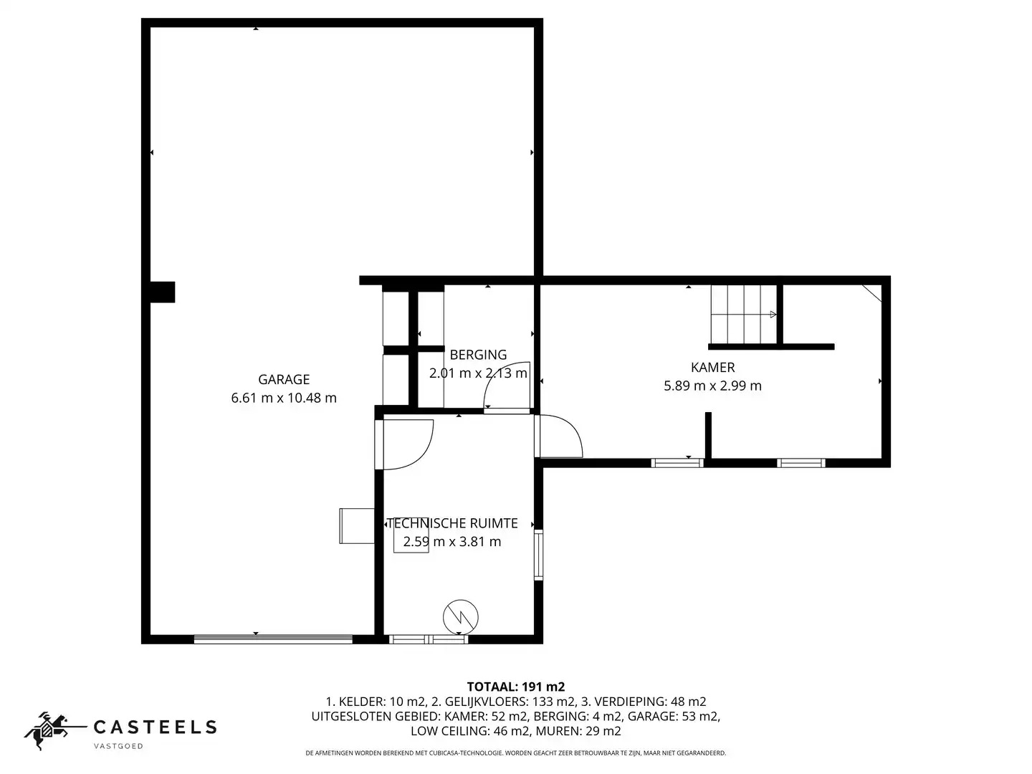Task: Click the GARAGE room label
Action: (284, 380)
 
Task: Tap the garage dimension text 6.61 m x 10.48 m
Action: (284, 398)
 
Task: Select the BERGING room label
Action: (478, 355)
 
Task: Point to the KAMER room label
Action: (712, 368)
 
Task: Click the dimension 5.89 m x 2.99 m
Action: (712, 386)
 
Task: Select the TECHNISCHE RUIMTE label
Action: (452, 524)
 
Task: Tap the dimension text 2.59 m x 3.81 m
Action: (452, 542)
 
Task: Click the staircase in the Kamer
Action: (743, 315)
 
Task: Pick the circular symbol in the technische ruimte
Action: (461, 616)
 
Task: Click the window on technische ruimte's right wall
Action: (539, 555)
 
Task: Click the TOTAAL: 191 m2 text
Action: (515, 687)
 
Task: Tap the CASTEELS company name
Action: (156, 727)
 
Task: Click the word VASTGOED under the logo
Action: (119, 747)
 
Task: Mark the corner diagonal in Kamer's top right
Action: (871, 293)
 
